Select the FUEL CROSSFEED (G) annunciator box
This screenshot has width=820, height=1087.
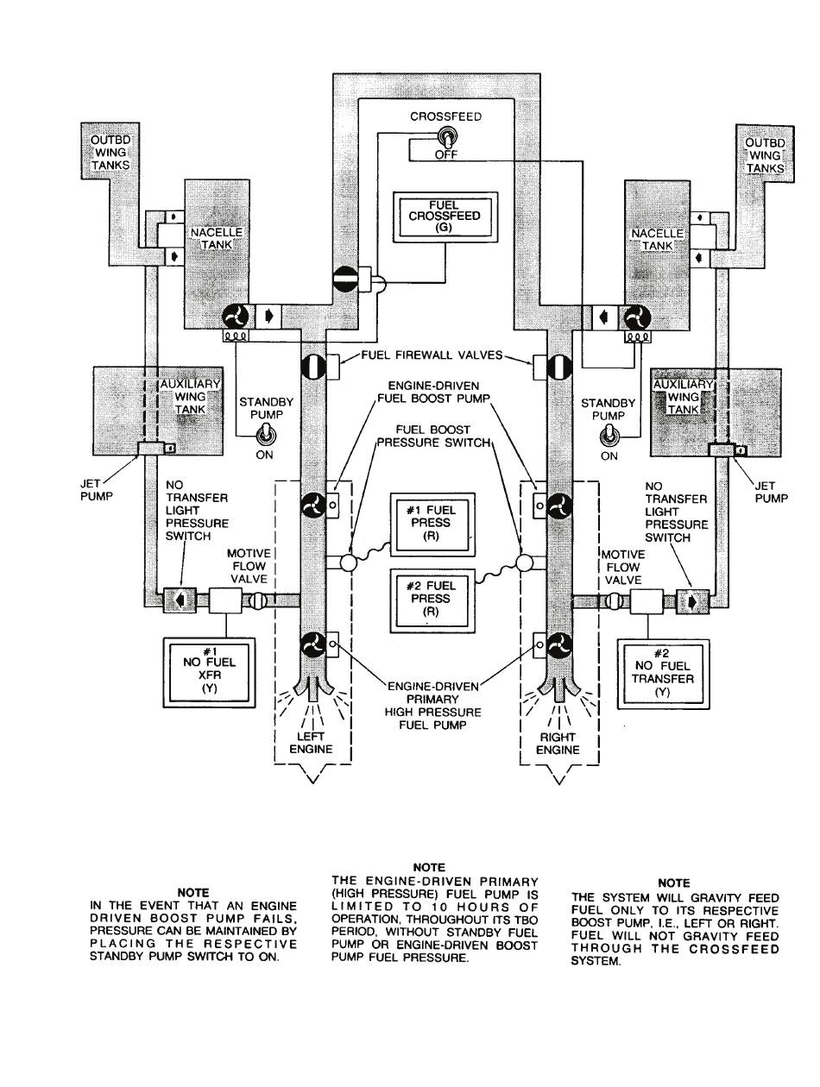(x=445, y=217)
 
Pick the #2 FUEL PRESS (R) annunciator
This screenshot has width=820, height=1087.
(x=432, y=600)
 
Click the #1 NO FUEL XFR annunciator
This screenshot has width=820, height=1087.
(x=209, y=672)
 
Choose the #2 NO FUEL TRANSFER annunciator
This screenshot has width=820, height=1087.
(x=662, y=672)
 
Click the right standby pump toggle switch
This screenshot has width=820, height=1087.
(x=608, y=437)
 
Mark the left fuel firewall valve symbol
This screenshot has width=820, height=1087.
(x=313, y=368)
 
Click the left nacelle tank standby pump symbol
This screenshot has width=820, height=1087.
(x=236, y=316)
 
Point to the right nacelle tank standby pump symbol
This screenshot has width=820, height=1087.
(x=635, y=317)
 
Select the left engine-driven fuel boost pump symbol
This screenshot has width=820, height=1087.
(x=313, y=506)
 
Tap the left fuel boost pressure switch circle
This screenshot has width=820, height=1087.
(x=349, y=563)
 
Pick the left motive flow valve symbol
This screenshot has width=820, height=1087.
(x=256, y=600)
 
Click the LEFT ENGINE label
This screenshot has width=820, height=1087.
(x=311, y=742)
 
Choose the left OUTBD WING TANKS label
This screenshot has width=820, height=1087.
(x=110, y=153)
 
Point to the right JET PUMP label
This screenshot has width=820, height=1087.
(x=771, y=492)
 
